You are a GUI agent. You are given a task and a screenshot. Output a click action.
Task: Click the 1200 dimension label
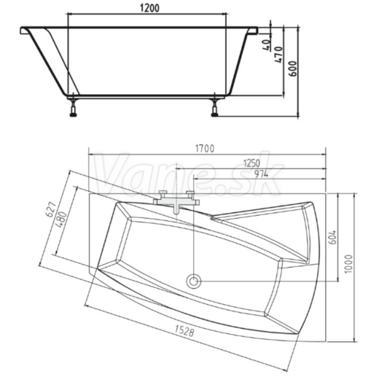point(150,8)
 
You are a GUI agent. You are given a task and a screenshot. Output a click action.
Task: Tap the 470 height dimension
point(279,55)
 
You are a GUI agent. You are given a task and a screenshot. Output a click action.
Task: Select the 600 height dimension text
point(293,68)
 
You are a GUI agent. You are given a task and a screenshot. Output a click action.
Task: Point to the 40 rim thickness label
point(266,45)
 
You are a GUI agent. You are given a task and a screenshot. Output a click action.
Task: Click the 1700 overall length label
point(204,149)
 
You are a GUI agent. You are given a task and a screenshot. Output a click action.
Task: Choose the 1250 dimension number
point(252,163)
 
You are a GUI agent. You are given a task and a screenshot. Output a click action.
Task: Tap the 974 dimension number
point(261,174)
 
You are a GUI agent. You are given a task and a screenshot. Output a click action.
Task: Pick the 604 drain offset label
point(332,238)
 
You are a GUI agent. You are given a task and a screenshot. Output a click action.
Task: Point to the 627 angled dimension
point(52,210)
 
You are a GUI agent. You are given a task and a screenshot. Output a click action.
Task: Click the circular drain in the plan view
point(194,281)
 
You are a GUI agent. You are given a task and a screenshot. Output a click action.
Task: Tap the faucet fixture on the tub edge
point(177,202)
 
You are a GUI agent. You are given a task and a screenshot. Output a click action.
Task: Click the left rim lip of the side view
point(25,31)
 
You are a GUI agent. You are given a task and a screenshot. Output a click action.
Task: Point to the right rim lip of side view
point(253,31)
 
